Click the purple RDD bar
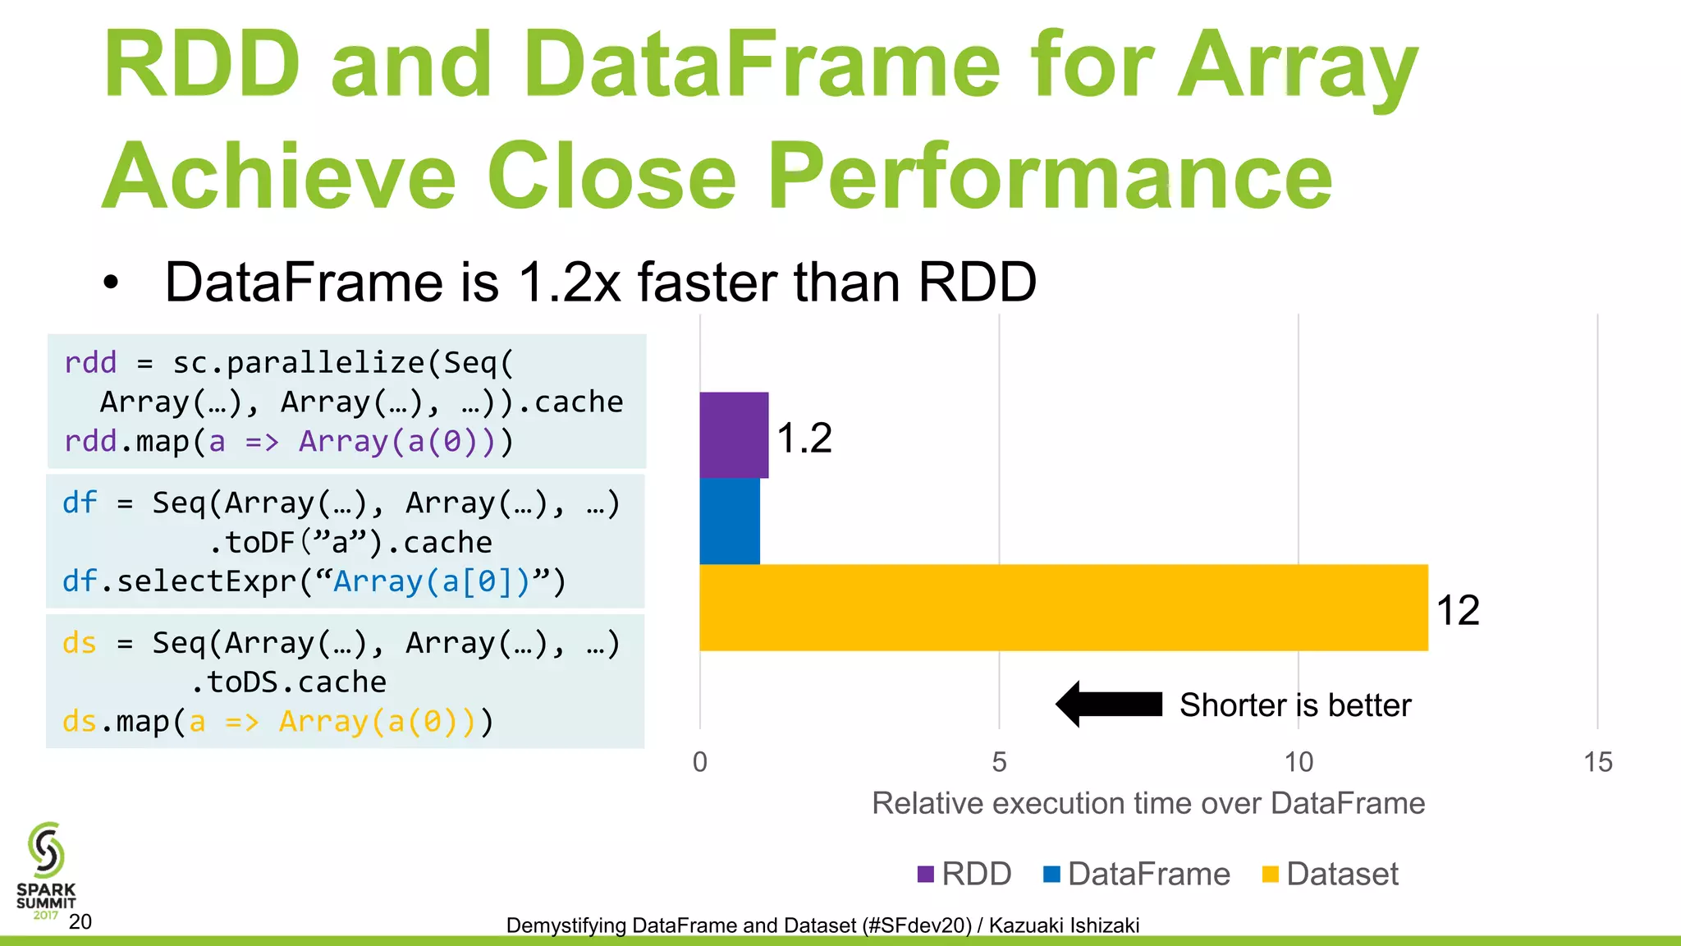[734, 435]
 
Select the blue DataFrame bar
[730, 521]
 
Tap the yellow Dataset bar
[1064, 608]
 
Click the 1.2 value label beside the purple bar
[804, 438]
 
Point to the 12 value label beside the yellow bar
[1458, 610]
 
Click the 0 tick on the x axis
[700, 762]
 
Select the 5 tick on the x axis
[999, 762]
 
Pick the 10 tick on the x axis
[1299, 762]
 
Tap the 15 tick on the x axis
[1598, 762]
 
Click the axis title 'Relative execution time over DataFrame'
[1148, 803]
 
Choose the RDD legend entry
[965, 874]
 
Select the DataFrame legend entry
[1138, 874]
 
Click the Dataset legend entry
[1331, 874]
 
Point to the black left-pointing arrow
[1109, 704]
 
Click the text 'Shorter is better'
[1295, 705]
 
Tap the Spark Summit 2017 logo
[46, 870]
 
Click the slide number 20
[80, 922]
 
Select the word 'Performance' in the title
[1050, 176]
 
